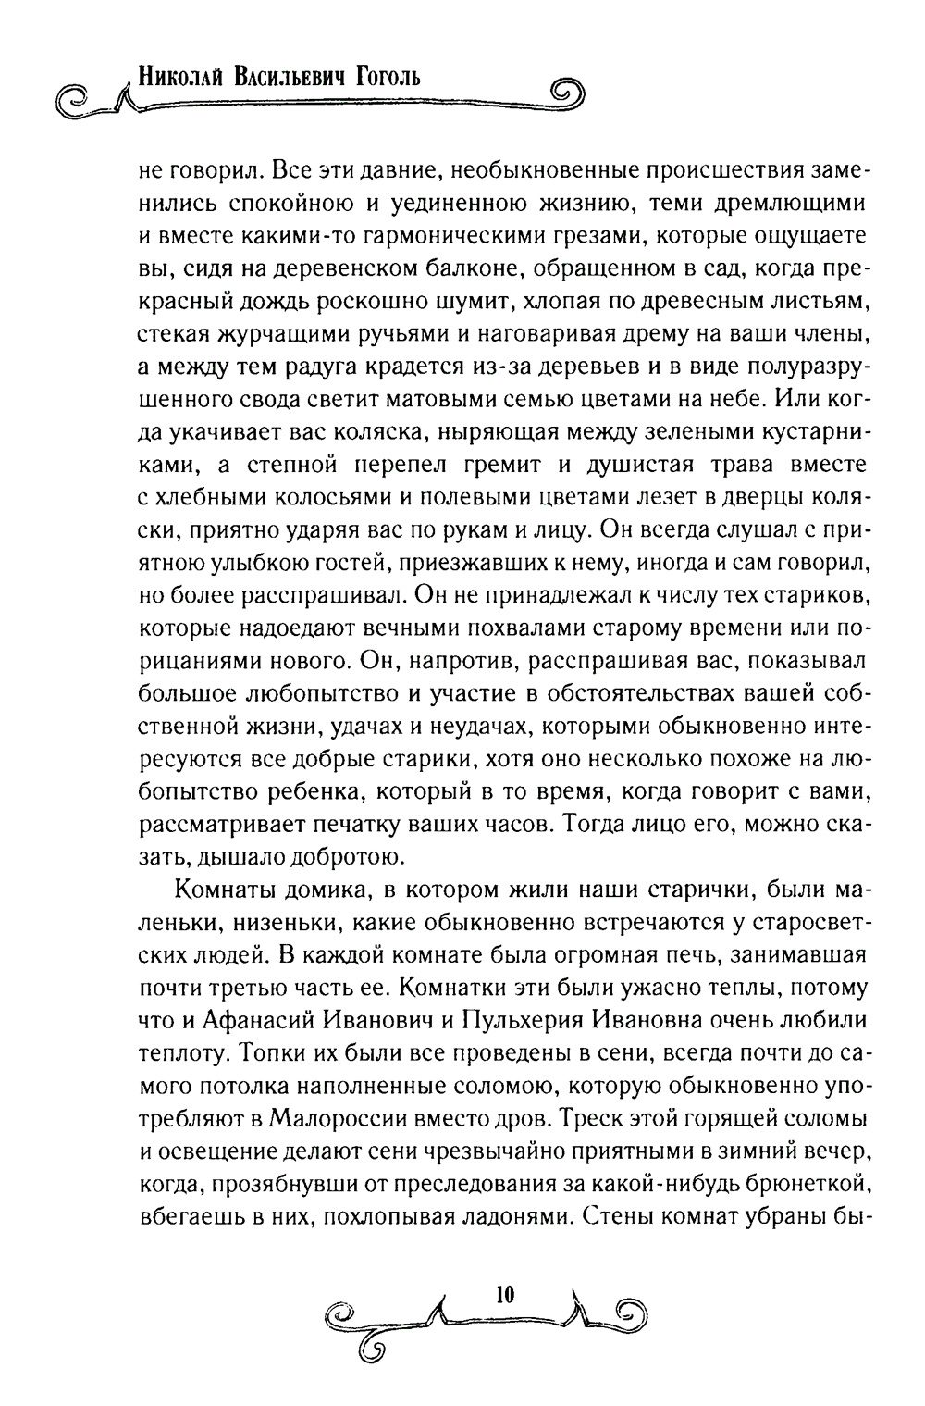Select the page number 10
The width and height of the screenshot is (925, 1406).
pos(504,1292)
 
